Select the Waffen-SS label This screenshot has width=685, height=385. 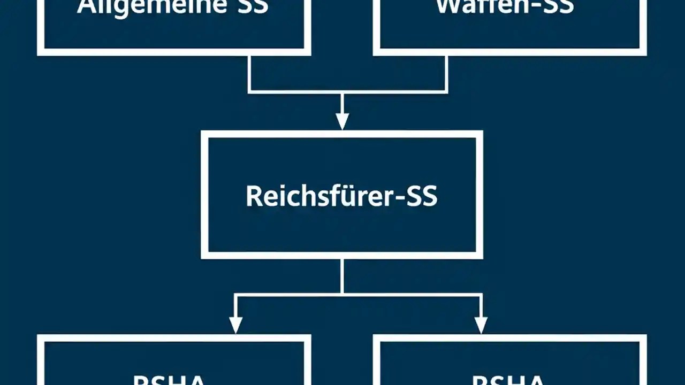point(505,6)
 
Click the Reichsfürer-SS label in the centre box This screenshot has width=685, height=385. point(341,197)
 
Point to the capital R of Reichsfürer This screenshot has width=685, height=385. point(253,196)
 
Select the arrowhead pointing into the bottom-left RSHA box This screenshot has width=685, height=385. point(235,325)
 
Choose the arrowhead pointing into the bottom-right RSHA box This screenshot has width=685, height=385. point(481,325)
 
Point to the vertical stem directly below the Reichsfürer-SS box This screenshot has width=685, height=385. point(342,275)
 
